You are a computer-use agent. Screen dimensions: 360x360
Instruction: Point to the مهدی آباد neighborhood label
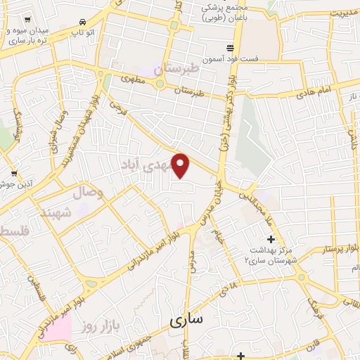pos(156,167)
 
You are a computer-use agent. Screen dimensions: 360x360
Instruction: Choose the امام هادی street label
pos(312,93)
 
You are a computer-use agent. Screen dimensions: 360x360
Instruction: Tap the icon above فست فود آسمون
pos(230,48)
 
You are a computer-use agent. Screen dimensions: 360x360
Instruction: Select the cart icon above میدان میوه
pos(27,22)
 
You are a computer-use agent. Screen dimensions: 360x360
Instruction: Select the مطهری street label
pos(134,80)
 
